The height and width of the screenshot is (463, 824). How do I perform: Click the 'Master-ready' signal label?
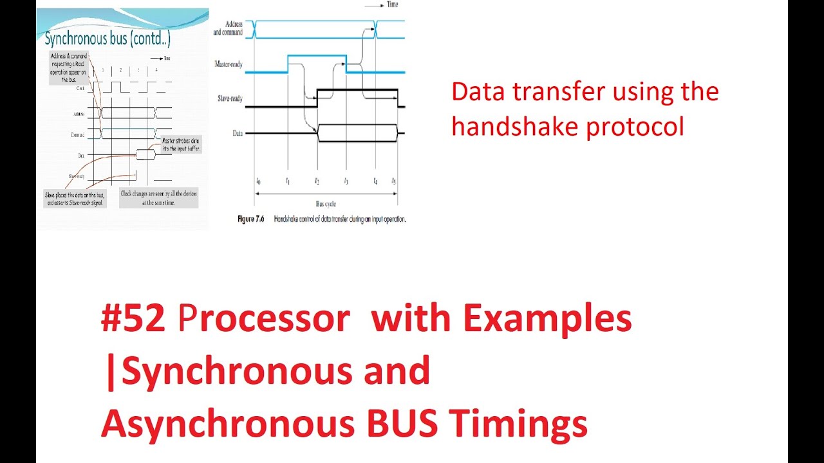228,64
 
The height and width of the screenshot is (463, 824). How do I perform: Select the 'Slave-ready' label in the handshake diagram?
230,98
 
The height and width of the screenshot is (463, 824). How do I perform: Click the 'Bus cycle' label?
326,203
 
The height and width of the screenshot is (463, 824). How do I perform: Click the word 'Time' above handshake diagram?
391,5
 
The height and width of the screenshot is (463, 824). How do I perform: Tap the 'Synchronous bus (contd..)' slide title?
107,39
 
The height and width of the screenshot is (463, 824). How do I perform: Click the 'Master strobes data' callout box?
181,144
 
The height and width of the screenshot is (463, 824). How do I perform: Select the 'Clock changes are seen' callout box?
158,197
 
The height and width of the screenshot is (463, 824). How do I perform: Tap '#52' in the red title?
132,319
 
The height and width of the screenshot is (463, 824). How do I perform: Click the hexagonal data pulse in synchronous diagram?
145,155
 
